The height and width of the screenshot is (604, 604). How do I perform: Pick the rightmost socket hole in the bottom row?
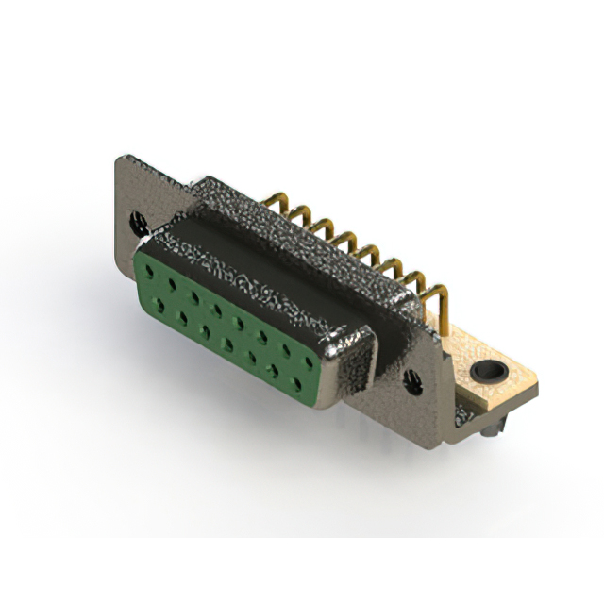300,385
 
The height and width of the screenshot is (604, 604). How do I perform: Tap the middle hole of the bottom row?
227,344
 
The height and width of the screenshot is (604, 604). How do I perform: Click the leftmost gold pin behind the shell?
277,201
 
